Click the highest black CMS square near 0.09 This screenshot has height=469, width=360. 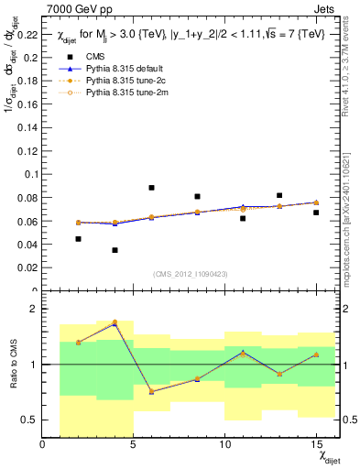[x=151, y=188]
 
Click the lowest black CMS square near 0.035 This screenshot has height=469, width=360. [x=115, y=250]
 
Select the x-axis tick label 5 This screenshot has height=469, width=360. [x=134, y=445]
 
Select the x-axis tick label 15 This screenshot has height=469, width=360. [x=315, y=445]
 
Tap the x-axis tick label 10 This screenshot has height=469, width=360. [x=224, y=445]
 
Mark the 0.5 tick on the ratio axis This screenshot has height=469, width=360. [x=29, y=420]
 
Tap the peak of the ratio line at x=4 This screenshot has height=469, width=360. [x=115, y=322]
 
